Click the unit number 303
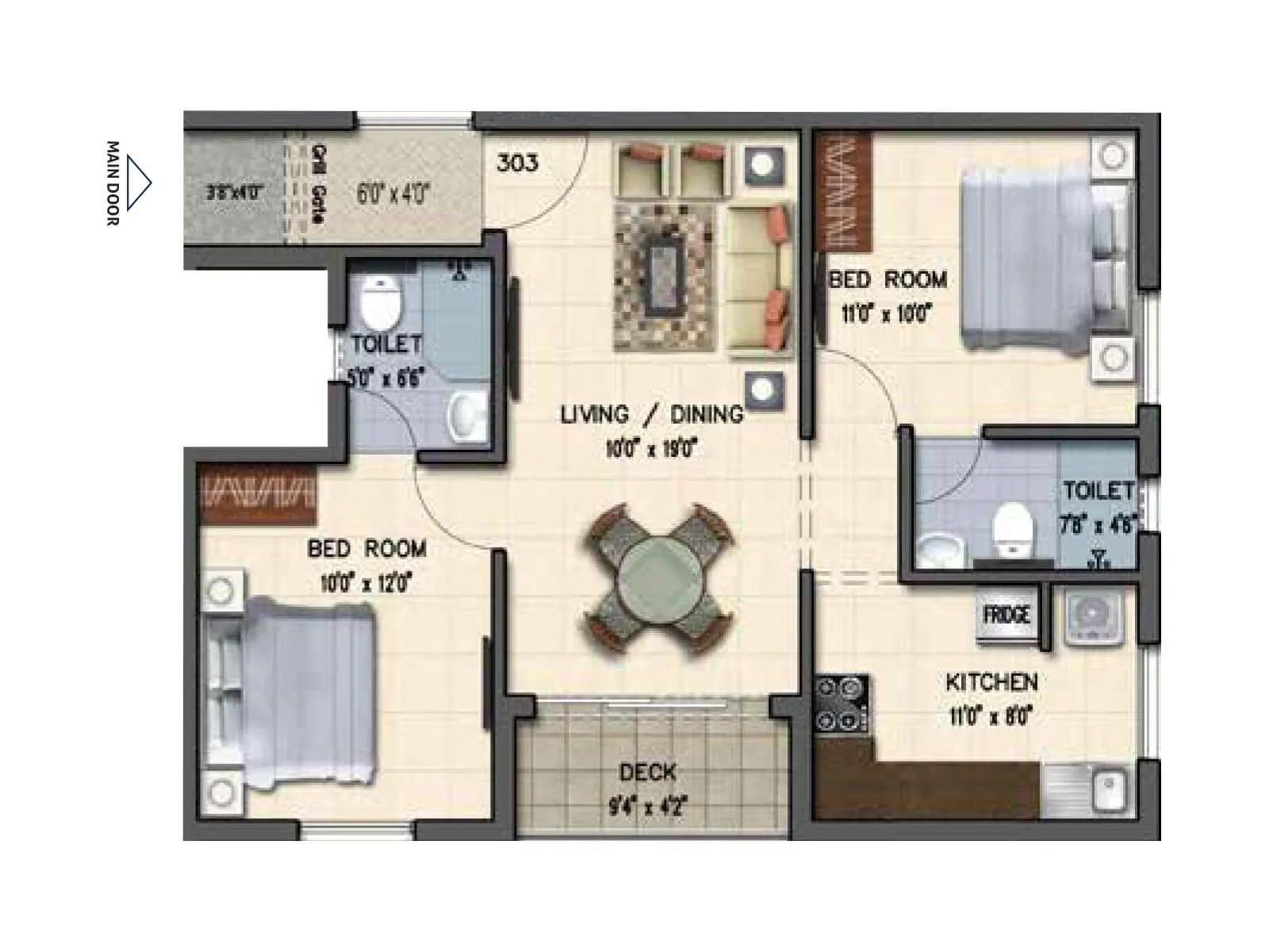coord(517,163)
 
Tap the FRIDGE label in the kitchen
coord(1006,615)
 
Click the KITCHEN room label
coord(991,681)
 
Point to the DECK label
coord(647,772)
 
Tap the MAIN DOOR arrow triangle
coord(138,183)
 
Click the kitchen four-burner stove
coord(842,702)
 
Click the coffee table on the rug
coord(665,278)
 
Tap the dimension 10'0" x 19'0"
coord(650,449)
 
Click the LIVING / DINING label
coord(651,414)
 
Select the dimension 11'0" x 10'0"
coord(886,314)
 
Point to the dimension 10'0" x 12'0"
coord(366,584)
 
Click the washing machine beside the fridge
coord(1092,616)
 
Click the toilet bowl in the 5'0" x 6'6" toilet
coord(381,303)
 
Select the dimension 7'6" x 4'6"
coord(1098,524)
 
